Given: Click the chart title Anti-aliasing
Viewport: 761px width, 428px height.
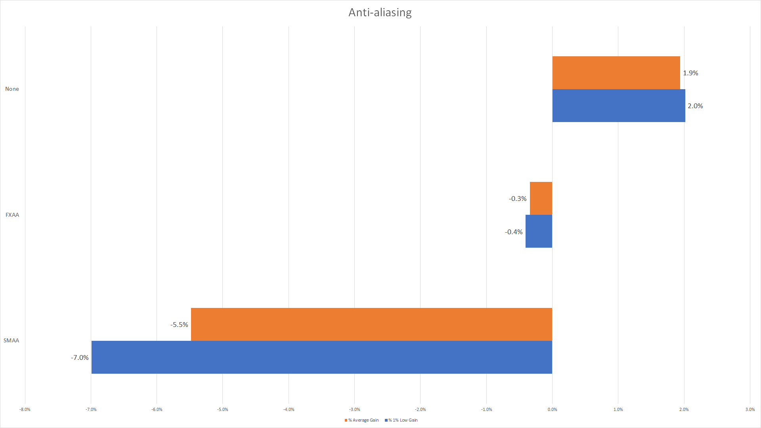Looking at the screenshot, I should click(380, 13).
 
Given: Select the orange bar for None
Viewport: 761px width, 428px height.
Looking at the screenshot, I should click(616, 73).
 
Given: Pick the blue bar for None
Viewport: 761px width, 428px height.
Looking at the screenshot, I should click(618, 105).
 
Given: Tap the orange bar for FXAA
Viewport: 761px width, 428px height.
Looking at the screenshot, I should click(541, 198).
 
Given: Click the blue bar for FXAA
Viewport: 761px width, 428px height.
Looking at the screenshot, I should click(539, 231).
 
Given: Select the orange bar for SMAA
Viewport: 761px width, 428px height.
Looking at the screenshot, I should click(371, 324).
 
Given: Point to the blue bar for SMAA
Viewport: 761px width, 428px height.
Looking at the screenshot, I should click(321, 357).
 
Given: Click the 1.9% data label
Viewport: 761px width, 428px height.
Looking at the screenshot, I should click(690, 73).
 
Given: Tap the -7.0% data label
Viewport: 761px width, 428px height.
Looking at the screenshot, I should click(80, 357).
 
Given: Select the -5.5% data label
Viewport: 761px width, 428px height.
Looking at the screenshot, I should click(179, 325).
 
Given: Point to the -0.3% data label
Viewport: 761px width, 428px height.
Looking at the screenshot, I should click(518, 199).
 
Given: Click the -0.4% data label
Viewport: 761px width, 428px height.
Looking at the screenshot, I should click(514, 232).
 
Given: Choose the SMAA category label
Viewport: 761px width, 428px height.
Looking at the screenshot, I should click(11, 340).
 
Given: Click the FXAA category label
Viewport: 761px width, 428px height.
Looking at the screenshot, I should click(12, 215).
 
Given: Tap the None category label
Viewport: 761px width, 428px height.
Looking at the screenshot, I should click(12, 89).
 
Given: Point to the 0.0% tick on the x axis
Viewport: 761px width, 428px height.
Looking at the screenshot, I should click(552, 409).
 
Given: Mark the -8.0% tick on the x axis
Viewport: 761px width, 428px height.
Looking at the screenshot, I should click(25, 409).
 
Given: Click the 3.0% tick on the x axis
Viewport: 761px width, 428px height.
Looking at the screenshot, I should click(750, 409).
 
